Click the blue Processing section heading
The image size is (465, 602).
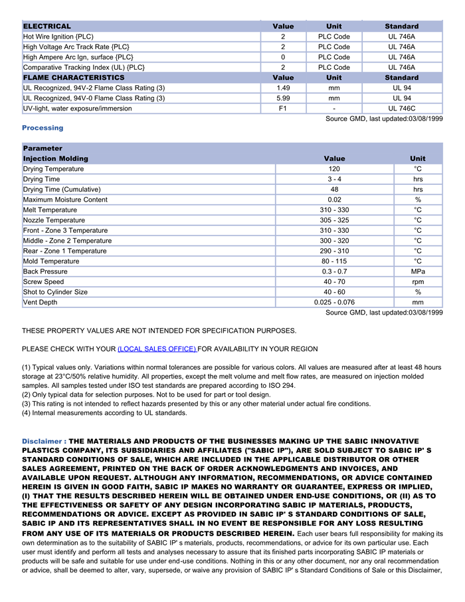(43, 128)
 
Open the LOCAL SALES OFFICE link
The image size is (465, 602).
(157, 349)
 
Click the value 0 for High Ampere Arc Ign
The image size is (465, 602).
(283, 57)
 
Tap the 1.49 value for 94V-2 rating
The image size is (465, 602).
(283, 88)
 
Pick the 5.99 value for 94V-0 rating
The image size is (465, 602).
(283, 98)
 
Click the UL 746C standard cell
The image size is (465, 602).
(402, 108)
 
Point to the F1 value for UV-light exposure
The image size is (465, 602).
(283, 108)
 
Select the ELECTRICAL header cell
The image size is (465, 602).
(47, 26)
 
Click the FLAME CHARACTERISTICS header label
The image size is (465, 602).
(74, 78)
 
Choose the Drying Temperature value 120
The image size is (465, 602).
(334, 169)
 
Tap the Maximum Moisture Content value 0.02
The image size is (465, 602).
(334, 200)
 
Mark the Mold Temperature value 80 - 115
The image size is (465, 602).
(334, 261)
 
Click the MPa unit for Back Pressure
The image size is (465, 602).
(418, 271)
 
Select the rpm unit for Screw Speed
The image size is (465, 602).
(418, 282)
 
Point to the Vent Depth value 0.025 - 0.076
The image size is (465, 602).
(334, 303)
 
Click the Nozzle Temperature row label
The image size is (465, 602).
(54, 220)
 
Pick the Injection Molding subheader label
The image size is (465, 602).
(56, 158)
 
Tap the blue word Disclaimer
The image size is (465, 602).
(42, 441)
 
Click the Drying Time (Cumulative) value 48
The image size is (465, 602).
(334, 190)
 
